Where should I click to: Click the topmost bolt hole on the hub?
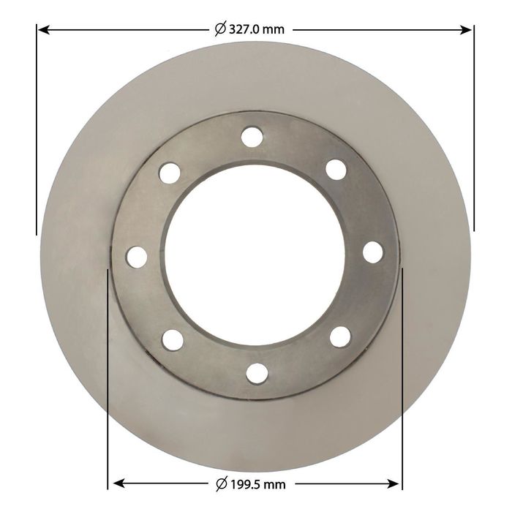point(252,137)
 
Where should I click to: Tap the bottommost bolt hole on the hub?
point(257,373)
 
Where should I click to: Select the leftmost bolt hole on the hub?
point(137,257)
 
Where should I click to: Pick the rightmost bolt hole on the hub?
point(372,252)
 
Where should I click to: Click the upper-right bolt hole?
point(336,170)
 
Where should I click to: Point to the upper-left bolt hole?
point(170,173)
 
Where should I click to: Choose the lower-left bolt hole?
point(173,340)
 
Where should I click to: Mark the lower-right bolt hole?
point(340,336)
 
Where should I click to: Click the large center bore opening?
point(255,255)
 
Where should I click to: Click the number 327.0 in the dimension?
point(244,30)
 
